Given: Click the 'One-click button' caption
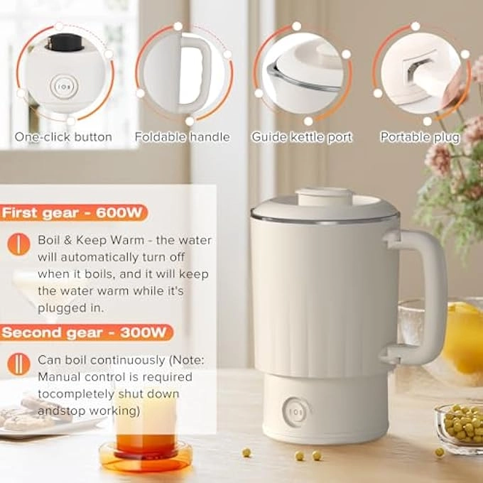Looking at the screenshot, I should click(63, 137).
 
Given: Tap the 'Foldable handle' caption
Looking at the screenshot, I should click(183, 137).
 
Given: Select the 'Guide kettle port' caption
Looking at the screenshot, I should click(302, 137).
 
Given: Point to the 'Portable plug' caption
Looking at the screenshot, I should click(420, 137).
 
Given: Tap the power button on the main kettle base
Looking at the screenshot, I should click(295, 411).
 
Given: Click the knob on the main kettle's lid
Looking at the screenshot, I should click(323, 196).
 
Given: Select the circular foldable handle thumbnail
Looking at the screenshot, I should click(183, 72).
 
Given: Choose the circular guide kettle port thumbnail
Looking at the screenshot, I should click(302, 72).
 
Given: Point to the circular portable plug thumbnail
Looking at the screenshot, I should click(420, 72).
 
